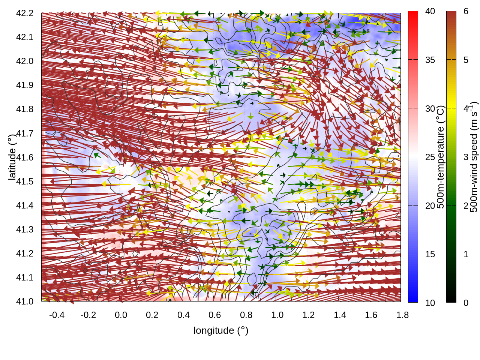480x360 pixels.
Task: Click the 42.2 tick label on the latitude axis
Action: [25, 13]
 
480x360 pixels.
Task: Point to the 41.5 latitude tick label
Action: [25, 181]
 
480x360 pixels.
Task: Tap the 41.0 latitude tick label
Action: [25, 301]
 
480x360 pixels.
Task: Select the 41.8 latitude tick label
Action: [25, 109]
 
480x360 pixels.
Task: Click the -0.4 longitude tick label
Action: [57, 315]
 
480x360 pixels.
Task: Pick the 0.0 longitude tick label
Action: [121, 315]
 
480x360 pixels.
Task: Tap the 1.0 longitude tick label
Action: [277, 315]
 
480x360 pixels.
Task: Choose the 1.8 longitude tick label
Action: [402, 315]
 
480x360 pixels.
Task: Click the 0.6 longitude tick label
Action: [214, 315]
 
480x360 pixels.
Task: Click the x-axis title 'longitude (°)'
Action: [221, 330]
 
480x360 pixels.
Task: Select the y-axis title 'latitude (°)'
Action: [12, 157]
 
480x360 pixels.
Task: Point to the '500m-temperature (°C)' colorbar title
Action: [441, 157]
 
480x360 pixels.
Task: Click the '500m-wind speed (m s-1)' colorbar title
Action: [474, 157]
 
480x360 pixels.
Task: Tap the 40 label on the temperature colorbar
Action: [430, 11]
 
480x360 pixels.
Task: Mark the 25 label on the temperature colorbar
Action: [430, 157]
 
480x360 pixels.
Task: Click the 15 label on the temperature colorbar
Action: [430, 254]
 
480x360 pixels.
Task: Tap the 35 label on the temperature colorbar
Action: [430, 60]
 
